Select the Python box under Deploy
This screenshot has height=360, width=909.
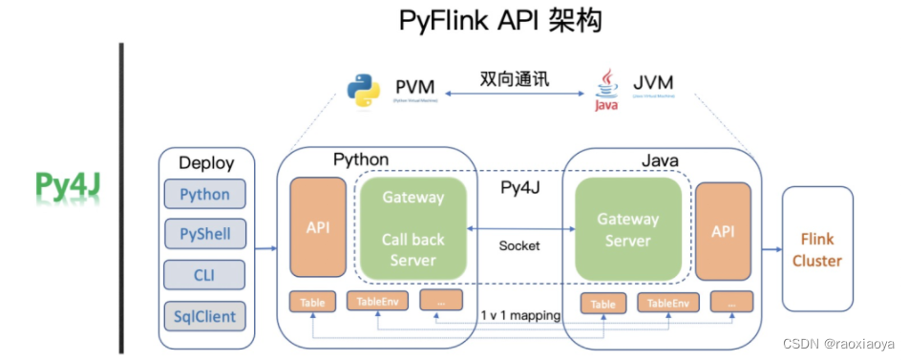(204, 195)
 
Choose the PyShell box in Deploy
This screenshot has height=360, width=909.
(204, 234)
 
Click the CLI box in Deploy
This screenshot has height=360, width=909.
(204, 275)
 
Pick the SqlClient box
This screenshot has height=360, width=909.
(204, 315)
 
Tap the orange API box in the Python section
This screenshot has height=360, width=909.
(317, 229)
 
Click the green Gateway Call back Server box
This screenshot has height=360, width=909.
(413, 229)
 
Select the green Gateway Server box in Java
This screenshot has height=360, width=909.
(627, 229)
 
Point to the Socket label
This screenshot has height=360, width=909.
(518, 245)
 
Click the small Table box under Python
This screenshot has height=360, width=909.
(312, 303)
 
